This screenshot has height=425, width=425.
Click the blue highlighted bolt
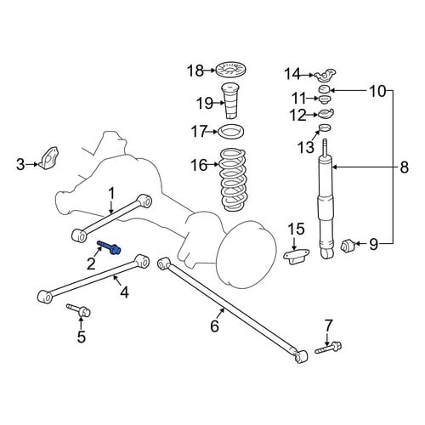109,247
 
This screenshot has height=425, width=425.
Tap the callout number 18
195,71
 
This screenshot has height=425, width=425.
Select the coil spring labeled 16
233,179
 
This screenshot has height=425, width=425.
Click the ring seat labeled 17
232,132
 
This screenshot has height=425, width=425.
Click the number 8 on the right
405,167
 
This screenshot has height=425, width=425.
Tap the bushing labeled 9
348,246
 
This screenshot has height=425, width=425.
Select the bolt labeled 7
328,348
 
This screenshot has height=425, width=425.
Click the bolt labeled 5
78,311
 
